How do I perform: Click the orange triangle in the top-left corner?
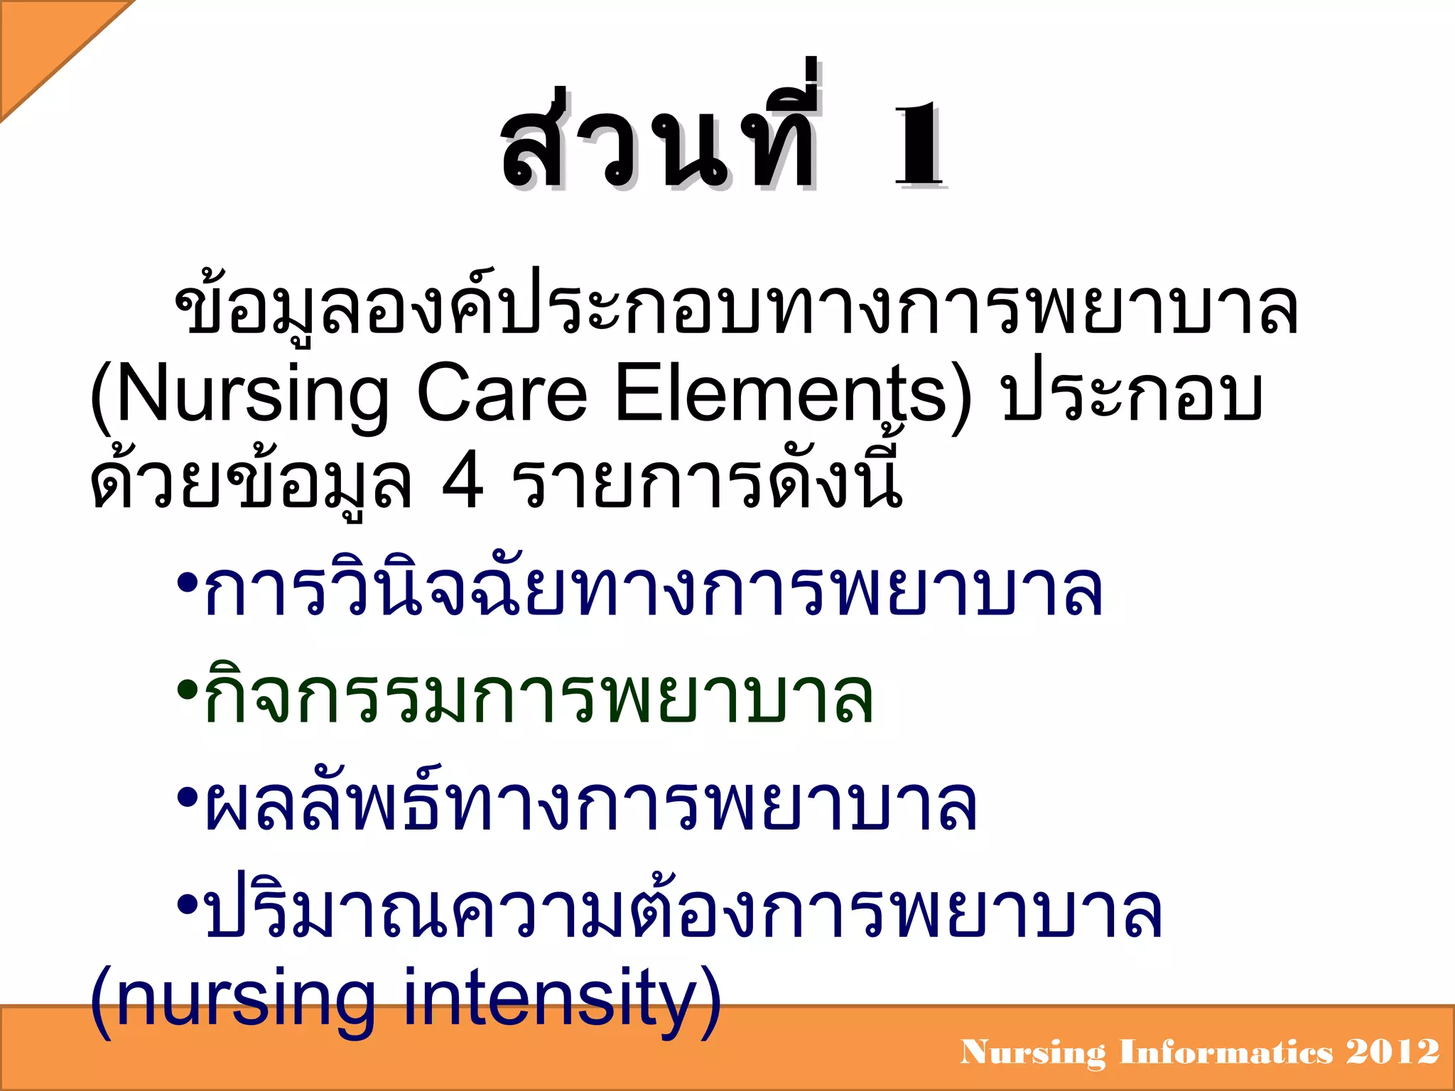[43, 43]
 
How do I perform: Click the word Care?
[502, 395]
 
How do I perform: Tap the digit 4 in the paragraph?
[463, 483]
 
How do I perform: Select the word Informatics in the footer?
[1226, 1052]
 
